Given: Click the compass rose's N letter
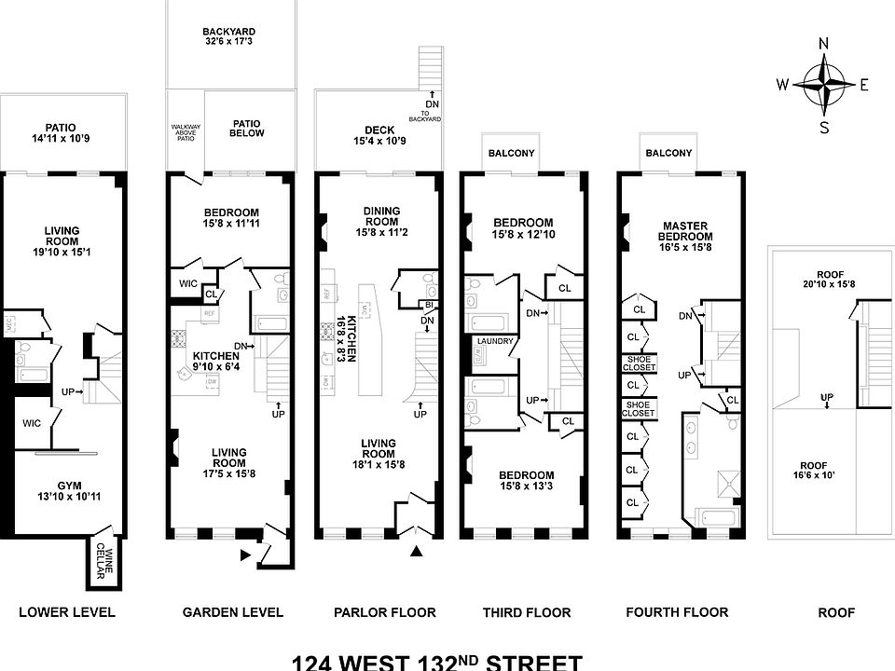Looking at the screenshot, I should click(823, 44).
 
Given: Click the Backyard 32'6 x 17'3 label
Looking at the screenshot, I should click(228, 37).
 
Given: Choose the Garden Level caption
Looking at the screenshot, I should click(232, 612).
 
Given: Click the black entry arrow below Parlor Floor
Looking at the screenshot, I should click(417, 555).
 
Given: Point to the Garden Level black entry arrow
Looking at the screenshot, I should click(246, 556).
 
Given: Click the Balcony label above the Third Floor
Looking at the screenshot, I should click(512, 153).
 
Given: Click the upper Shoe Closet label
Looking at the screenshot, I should click(640, 364).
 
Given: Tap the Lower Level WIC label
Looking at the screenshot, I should click(32, 423).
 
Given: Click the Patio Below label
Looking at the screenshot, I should click(247, 128).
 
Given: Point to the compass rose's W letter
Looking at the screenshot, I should click(782, 85).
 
